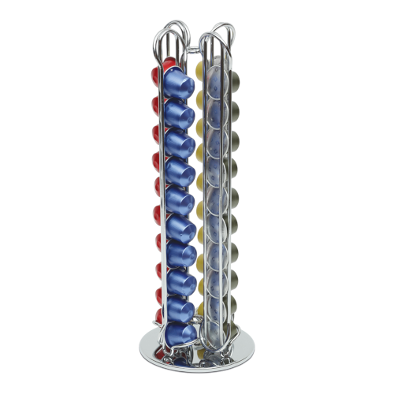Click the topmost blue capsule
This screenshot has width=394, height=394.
pyautogui.click(x=180, y=84)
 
